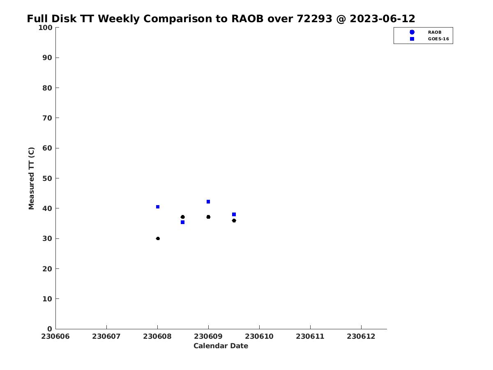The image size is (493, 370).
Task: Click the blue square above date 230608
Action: (x=158, y=207)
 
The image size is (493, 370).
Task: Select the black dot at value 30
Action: (x=158, y=238)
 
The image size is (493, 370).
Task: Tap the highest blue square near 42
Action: (x=208, y=201)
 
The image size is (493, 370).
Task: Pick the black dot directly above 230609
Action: (x=208, y=217)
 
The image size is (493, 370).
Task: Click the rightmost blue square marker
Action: (x=234, y=214)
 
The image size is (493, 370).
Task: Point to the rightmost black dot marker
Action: (x=234, y=221)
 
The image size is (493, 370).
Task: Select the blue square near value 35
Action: (x=182, y=222)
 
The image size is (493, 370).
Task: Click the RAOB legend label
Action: (x=435, y=32)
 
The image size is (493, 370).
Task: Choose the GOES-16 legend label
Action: (x=438, y=39)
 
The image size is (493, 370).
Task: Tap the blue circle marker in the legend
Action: (x=412, y=32)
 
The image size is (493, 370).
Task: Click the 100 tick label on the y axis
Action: (x=45, y=28)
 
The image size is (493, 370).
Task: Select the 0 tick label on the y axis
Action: (x=50, y=329)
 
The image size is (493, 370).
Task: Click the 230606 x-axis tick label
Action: (x=55, y=336)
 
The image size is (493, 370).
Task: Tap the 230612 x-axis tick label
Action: (x=361, y=336)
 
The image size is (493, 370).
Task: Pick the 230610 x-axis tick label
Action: (x=259, y=336)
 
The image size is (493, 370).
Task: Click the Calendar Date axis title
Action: (x=221, y=346)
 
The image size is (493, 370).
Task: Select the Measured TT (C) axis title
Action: (x=32, y=178)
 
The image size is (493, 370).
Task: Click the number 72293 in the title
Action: (x=314, y=18)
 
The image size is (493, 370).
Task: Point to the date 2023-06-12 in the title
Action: (x=382, y=18)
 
